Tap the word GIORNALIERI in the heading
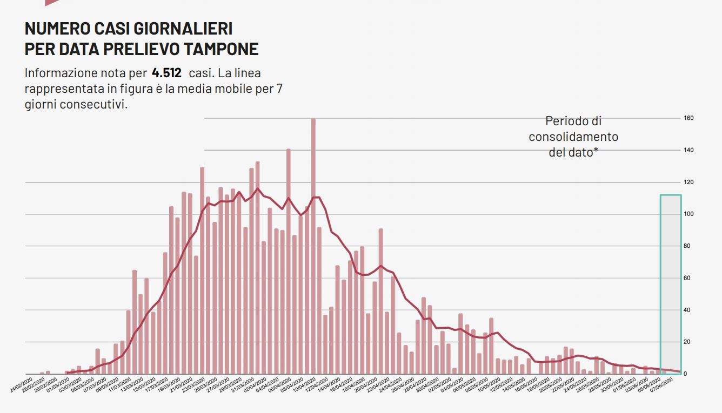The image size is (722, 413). [x=184, y=29]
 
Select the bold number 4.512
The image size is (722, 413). [x=166, y=73]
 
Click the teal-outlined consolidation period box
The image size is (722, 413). [x=670, y=284]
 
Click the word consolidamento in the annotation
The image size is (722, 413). [x=573, y=137]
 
